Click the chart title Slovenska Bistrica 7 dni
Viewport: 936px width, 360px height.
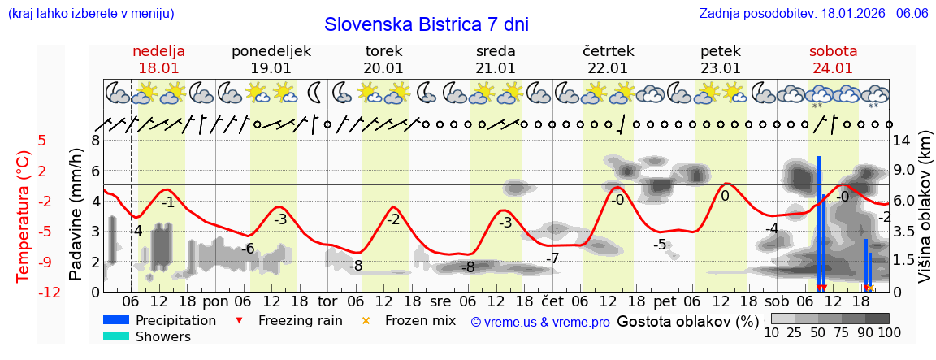(x=426, y=24)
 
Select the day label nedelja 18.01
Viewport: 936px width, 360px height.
(x=159, y=59)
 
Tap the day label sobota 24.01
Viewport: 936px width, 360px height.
(x=833, y=59)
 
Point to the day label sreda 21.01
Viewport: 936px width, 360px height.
(x=496, y=59)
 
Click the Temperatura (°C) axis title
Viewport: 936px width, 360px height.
(x=24, y=215)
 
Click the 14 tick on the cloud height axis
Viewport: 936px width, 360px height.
(x=902, y=140)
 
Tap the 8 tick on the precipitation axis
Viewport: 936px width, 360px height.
(x=95, y=140)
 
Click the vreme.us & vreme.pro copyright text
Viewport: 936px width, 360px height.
(x=540, y=322)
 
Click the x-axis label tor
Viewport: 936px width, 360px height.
(x=327, y=298)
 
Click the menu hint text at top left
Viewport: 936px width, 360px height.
(x=90, y=14)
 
